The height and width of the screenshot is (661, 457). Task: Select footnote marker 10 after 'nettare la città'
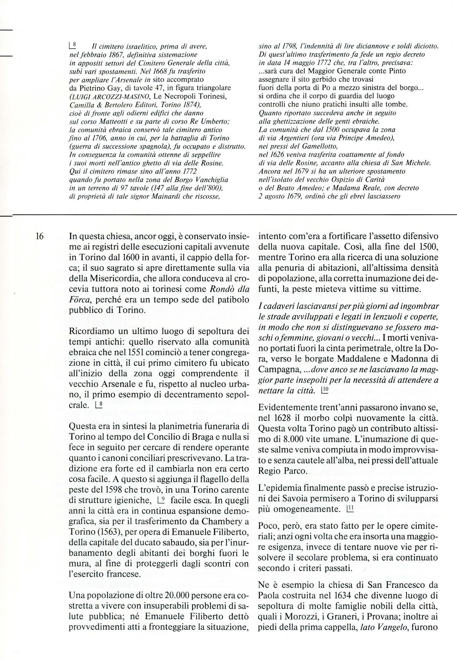coord(325,390)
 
